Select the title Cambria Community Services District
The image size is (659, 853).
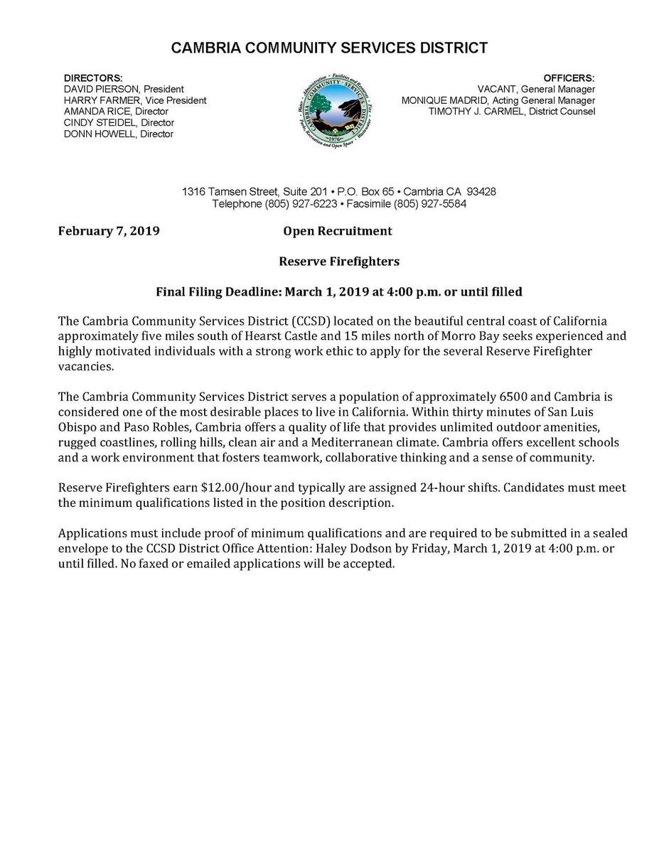[329, 48]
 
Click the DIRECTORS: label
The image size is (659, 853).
[93, 77]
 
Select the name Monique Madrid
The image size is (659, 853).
[444, 100]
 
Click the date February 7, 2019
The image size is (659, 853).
[109, 231]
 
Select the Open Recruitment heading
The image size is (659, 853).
[337, 231]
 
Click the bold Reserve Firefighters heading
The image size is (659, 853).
[338, 261]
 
